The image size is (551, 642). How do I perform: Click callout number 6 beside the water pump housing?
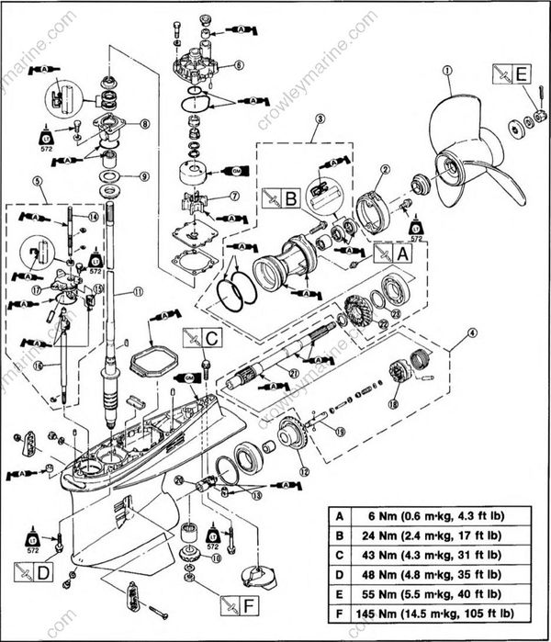click(x=238, y=65)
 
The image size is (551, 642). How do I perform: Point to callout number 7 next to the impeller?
click(x=234, y=196)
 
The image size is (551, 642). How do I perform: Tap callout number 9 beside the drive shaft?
click(x=144, y=176)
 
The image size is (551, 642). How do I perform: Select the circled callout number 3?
click(x=320, y=119)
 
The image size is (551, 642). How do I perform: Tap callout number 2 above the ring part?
click(x=386, y=170)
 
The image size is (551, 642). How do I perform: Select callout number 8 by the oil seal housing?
click(x=144, y=124)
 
